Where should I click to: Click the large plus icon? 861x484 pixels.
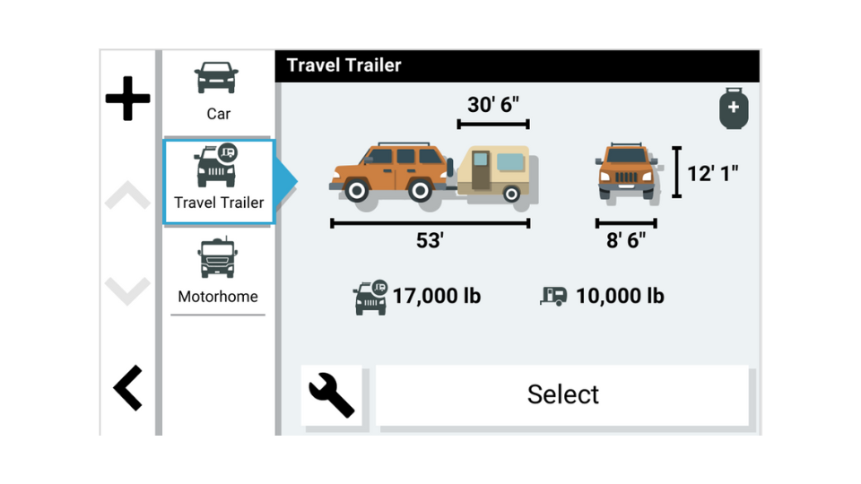127,99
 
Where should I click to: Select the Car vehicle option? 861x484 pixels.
218,91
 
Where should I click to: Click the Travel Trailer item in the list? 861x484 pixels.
219,182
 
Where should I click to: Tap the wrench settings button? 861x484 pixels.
332,395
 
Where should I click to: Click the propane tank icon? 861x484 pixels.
734,108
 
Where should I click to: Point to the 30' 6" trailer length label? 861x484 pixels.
492,104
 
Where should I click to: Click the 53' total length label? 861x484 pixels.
430,240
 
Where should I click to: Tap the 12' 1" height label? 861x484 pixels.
712,173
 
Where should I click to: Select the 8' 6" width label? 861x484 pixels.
626,240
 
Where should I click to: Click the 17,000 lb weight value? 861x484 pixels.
437,296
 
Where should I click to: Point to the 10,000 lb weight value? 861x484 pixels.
620,296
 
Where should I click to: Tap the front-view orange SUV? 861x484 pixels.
627,172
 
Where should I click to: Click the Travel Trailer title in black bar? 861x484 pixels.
344,65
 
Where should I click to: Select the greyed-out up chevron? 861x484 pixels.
127,194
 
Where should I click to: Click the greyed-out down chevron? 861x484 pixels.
127,290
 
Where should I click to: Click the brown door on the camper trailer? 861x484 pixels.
481,170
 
